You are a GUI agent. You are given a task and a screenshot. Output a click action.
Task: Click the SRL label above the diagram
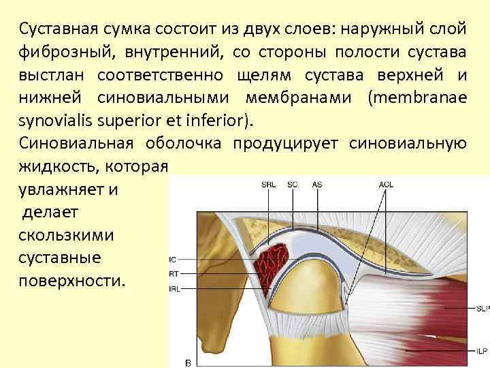coord(269,184)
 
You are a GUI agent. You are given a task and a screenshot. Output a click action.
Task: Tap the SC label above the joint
coord(293,184)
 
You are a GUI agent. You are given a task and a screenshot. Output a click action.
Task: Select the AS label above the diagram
coord(317,184)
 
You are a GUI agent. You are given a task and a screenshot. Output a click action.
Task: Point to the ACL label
coord(386,184)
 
